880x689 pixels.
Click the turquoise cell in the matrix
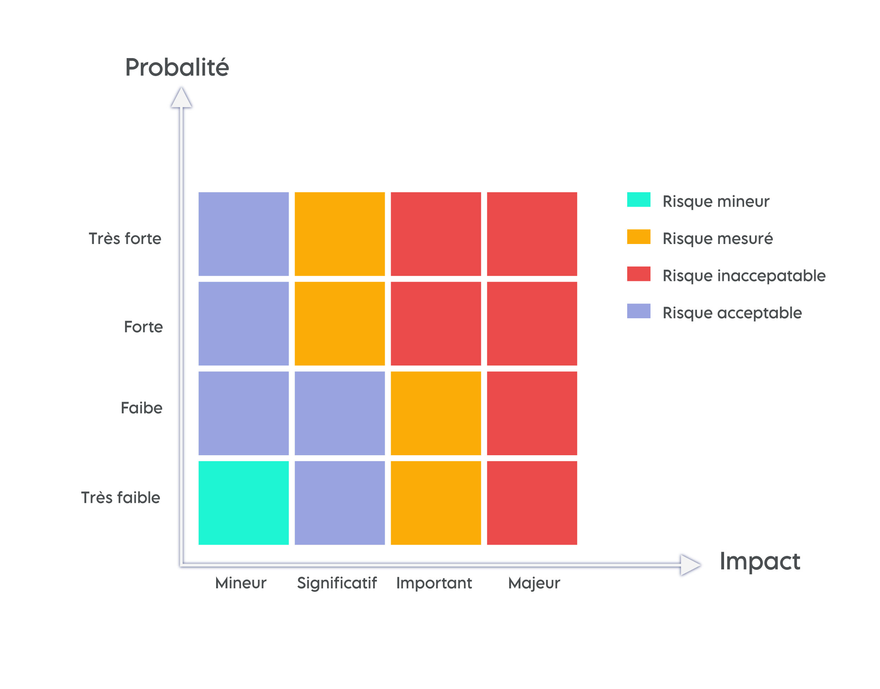pos(243,503)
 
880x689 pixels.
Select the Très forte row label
pos(125,238)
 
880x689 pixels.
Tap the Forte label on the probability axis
pos(143,327)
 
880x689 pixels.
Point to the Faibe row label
pos(142,408)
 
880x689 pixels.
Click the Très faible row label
pos(121,497)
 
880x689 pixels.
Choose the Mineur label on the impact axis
pos(241,583)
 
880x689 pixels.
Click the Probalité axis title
pos(177,67)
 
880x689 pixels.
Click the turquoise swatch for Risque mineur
pos(639,200)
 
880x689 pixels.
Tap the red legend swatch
pos(639,274)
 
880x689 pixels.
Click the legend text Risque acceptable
pos(732,313)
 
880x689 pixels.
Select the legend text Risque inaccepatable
pos(744,276)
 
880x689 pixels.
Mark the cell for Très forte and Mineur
pos(243,234)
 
